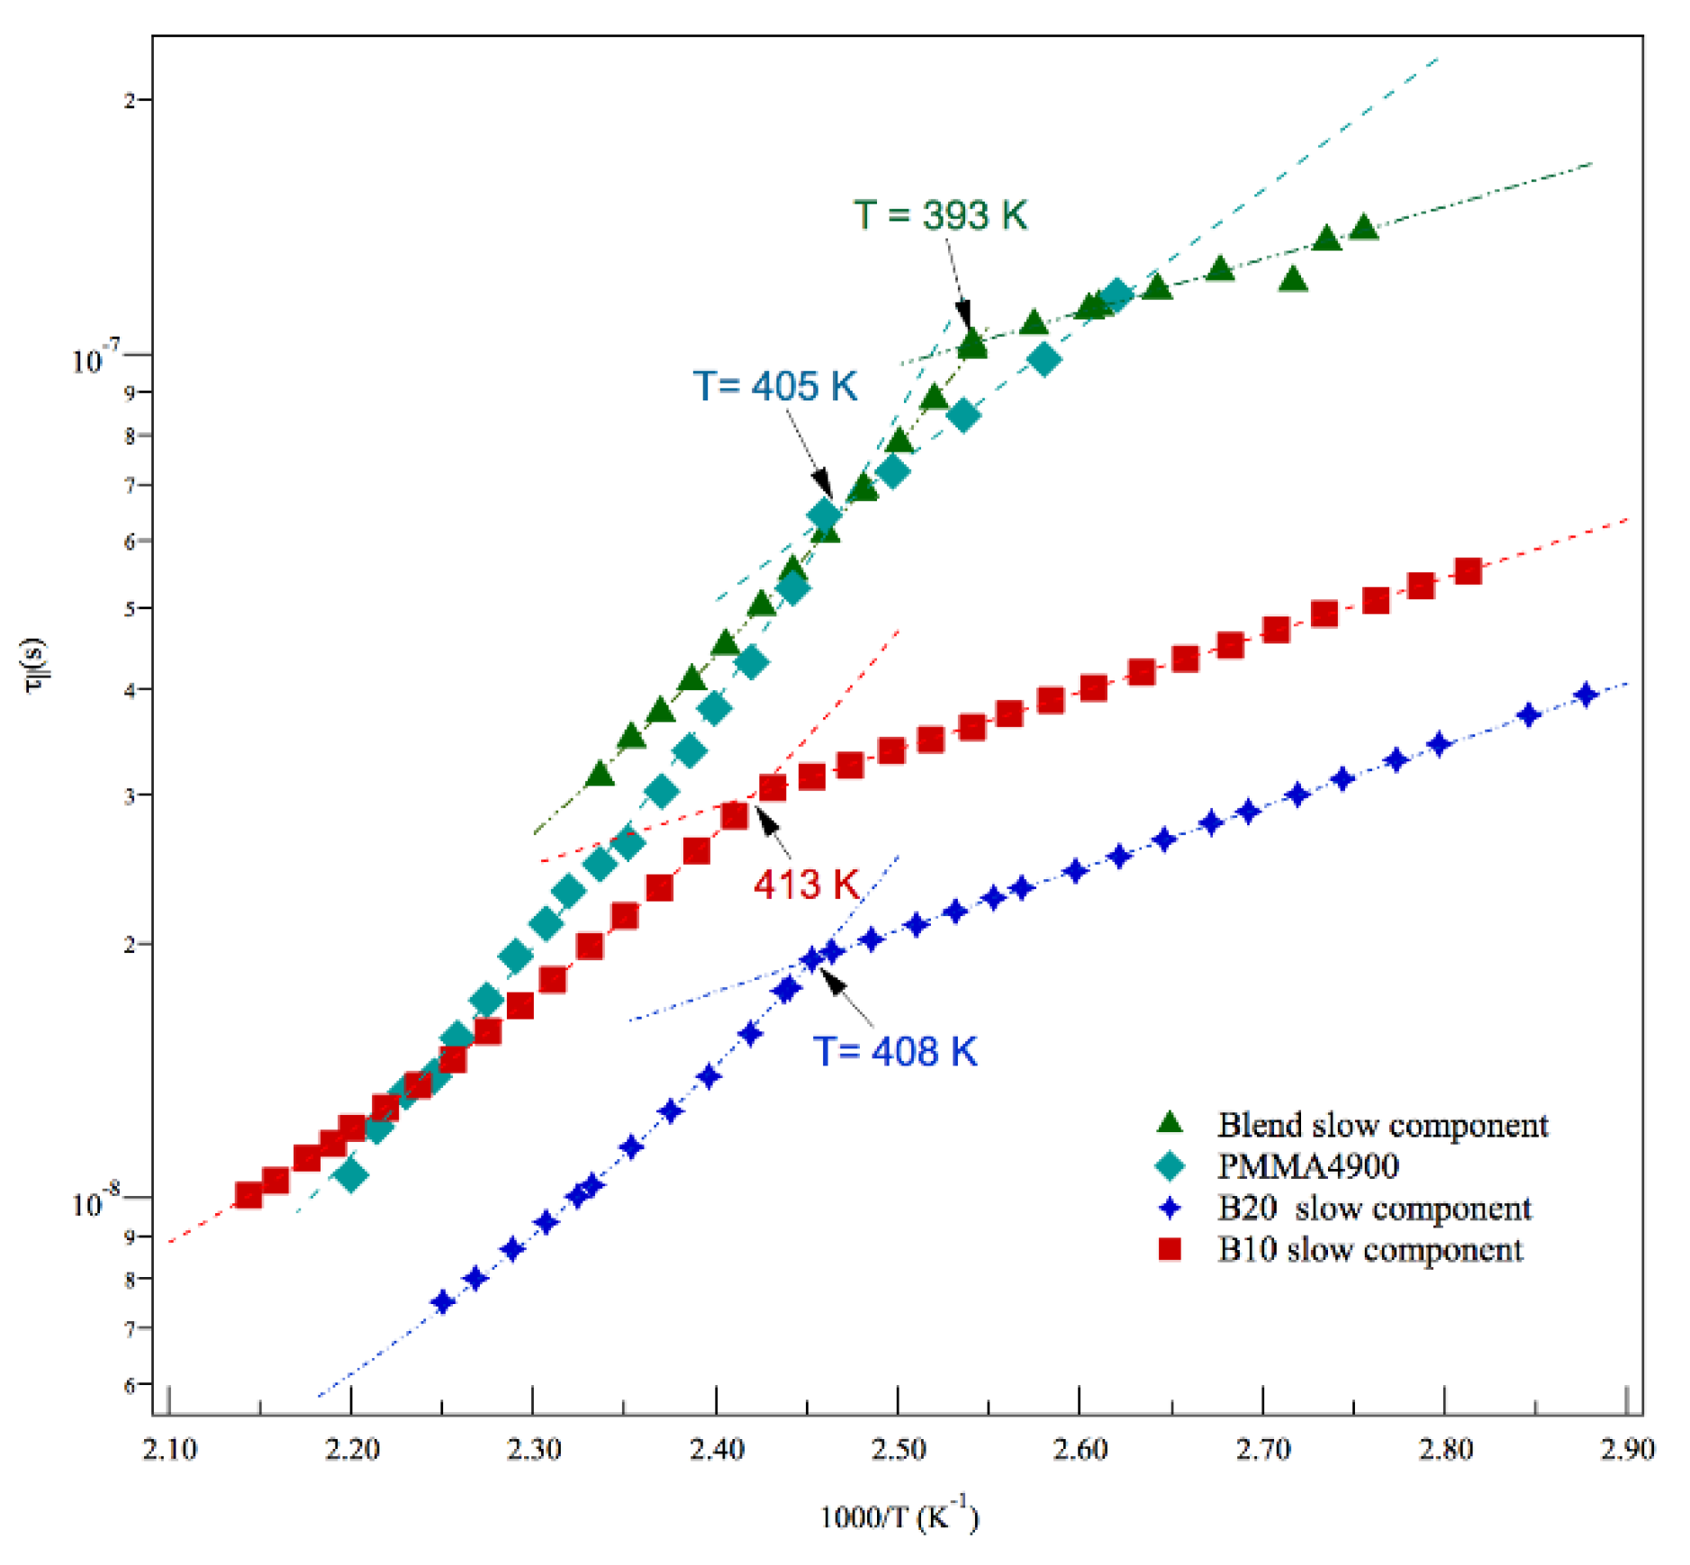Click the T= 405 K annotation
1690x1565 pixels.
pos(774,386)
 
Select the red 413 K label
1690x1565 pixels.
pos(806,884)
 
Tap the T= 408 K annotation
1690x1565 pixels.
pos(894,1050)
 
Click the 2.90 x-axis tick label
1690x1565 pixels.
pos(1626,1449)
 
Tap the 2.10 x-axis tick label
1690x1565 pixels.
pos(170,1449)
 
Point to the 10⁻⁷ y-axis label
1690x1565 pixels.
pos(95,359)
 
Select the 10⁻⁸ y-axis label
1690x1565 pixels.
pos(95,1202)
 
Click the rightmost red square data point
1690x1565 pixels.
pos(1468,571)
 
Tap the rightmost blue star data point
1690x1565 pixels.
pos(1586,694)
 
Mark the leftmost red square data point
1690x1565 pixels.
pos(249,1195)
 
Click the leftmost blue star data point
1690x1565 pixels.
pos(442,1301)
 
